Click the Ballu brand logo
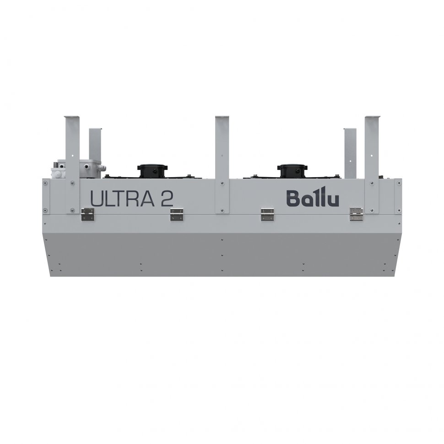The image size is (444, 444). [x=313, y=199]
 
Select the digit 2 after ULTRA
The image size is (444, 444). [x=165, y=199]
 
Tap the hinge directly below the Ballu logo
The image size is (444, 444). [x=267, y=214]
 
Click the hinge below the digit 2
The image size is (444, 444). [x=177, y=214]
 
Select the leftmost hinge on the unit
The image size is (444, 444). [x=87, y=214]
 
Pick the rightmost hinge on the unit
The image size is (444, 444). [x=356, y=214]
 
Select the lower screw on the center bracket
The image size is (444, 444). [x=222, y=210]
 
